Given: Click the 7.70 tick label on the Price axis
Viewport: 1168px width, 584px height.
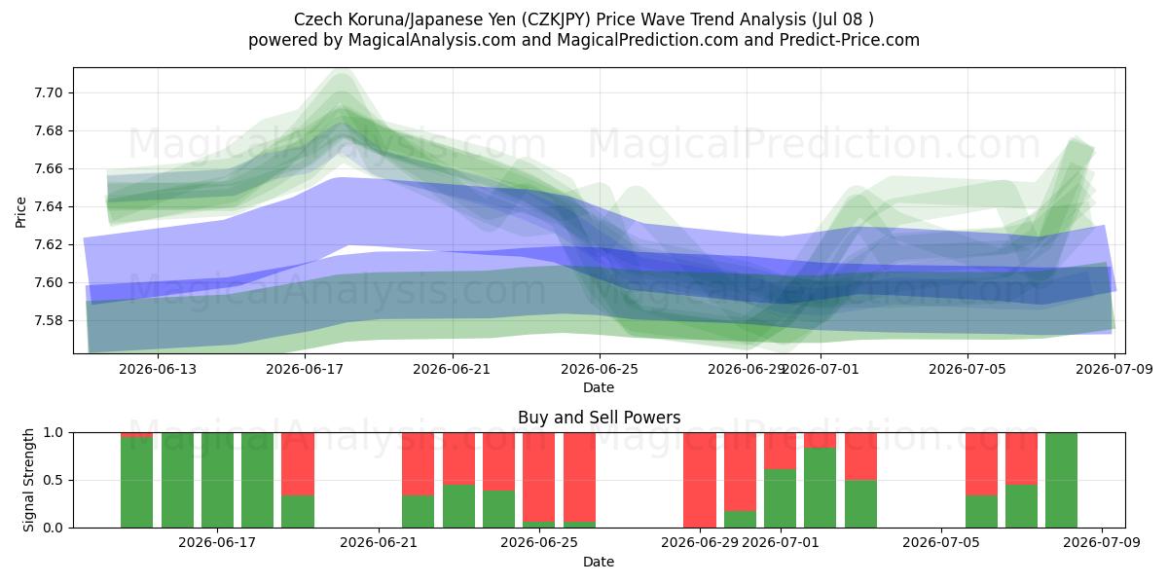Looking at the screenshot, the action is click(49, 93).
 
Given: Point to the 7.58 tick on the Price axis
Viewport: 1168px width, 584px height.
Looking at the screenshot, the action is click(49, 320).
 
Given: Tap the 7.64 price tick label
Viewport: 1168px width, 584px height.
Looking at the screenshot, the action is click(49, 207).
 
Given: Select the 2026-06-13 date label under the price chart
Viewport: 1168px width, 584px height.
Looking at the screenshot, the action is click(158, 369).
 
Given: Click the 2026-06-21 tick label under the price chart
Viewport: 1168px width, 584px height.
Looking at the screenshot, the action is click(452, 369).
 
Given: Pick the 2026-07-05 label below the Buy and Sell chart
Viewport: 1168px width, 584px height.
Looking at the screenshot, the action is click(941, 543).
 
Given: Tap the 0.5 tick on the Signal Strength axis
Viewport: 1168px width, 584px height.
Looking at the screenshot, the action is click(54, 480).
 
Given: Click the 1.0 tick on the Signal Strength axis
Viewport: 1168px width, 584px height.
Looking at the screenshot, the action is click(54, 433).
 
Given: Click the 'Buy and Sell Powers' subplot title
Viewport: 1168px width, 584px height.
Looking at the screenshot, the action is click(600, 418).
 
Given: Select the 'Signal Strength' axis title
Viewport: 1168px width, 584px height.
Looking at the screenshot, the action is click(28, 480).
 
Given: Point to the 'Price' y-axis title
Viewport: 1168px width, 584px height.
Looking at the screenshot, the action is click(20, 212).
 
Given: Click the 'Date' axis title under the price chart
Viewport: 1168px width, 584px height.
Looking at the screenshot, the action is click(599, 387).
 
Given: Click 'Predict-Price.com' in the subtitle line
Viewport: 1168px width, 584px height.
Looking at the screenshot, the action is click(850, 40).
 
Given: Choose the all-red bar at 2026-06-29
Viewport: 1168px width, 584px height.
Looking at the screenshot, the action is click(700, 480).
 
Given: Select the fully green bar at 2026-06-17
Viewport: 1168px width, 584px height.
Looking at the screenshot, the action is click(217, 480).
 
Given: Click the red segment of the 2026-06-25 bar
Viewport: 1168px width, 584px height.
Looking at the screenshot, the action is click(538, 477).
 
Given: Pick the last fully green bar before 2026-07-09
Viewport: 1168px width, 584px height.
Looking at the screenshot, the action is click(1061, 480).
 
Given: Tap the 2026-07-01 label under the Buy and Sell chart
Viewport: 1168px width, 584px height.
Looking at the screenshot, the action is click(780, 543).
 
